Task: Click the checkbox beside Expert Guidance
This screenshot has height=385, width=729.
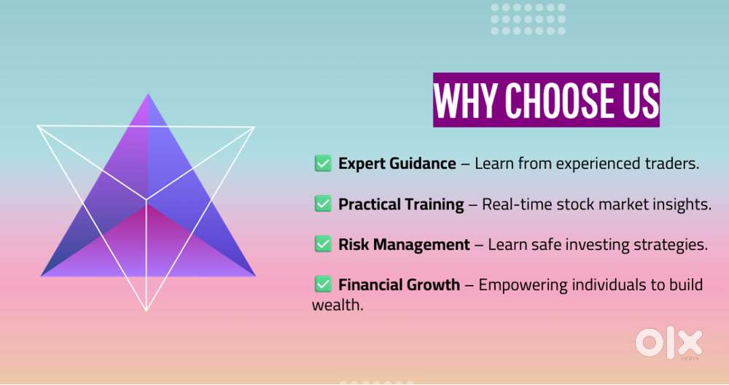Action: pyautogui.click(x=322, y=163)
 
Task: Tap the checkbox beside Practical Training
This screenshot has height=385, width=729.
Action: pyautogui.click(x=322, y=204)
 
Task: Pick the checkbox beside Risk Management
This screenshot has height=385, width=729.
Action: pyautogui.click(x=322, y=244)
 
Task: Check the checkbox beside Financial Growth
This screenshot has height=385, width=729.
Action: pyautogui.click(x=322, y=284)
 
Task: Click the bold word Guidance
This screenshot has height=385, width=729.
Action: pyautogui.click(x=424, y=163)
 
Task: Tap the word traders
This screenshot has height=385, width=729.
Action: pyautogui.click(x=674, y=163)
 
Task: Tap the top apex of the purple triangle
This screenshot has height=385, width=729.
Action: pyautogui.click(x=148, y=95)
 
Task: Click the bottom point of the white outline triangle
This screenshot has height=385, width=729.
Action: pyautogui.click(x=147, y=310)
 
